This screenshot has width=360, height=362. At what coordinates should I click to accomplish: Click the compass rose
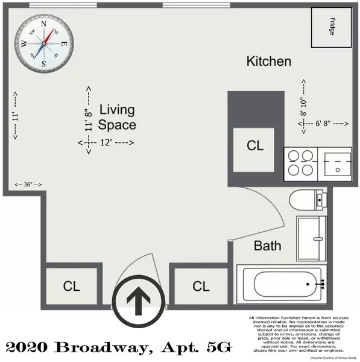44,43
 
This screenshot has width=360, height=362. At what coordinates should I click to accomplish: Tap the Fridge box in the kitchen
330,28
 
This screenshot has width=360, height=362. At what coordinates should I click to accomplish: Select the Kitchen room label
269,62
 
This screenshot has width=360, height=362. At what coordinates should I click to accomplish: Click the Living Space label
117,118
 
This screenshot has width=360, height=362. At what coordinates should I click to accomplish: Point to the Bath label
267,246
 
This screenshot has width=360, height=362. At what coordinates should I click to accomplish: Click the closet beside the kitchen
256,146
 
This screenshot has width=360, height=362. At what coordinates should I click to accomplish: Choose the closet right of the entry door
201,285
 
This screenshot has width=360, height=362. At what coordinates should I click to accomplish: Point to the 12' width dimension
106,142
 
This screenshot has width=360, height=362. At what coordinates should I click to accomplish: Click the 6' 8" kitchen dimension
324,123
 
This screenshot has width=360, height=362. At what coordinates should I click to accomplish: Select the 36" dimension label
28,184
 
